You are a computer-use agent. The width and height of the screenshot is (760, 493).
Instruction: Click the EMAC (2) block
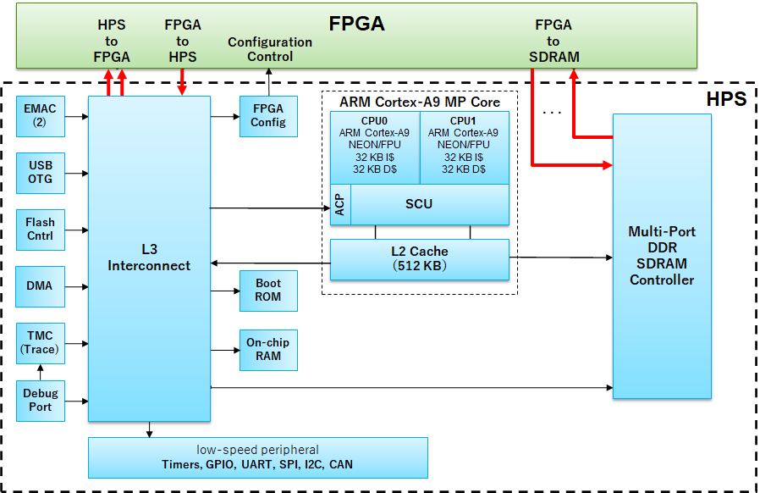coord(40,115)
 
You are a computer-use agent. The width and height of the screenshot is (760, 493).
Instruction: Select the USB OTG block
coord(40,173)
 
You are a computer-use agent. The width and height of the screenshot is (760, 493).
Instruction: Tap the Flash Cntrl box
coord(40,230)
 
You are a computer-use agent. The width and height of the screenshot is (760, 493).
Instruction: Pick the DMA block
coord(40,286)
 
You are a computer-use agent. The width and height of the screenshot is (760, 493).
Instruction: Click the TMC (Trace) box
coord(40,343)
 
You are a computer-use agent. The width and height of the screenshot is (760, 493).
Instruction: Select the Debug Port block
coord(40,401)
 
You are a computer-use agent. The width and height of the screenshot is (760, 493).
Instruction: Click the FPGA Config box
coord(268,115)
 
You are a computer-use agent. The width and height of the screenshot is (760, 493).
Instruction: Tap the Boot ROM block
coord(268,291)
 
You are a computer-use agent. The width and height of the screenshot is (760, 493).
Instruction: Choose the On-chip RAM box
coord(268,350)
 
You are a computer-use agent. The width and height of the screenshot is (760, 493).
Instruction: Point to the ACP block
coord(339,204)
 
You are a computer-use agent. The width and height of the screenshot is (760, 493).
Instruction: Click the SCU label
coord(419,204)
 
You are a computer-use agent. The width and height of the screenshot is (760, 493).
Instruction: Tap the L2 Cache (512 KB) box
coord(419,259)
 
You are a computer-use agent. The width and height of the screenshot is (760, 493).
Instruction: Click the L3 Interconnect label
coord(149,258)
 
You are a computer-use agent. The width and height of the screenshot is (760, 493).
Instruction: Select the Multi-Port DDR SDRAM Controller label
coord(661,256)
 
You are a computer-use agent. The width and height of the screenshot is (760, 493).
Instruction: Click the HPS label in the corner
coord(725,99)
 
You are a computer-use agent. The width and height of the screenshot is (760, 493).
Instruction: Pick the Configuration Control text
coord(270,49)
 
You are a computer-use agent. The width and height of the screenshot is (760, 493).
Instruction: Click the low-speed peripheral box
coord(257,457)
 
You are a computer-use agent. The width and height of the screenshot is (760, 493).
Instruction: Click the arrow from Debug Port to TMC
coord(40,373)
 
